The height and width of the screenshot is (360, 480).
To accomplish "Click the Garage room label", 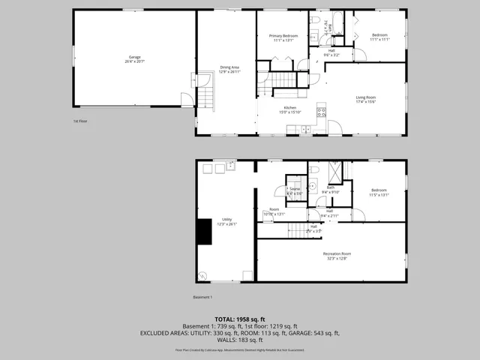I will click(134, 57).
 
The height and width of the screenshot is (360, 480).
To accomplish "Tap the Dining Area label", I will click(229, 67).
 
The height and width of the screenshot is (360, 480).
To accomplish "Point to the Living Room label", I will click(366, 97).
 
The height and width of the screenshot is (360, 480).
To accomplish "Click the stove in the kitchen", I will click(322, 113).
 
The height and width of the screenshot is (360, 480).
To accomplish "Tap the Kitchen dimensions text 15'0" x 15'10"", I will click(289, 112).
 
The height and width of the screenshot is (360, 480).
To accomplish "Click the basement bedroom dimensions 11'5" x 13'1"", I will click(379, 194).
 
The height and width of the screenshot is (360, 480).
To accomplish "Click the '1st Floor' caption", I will click(80, 121).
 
